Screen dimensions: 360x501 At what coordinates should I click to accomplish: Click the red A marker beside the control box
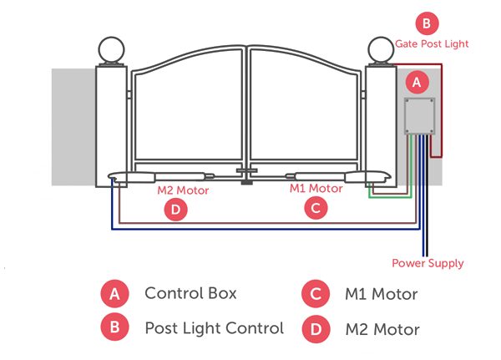417,82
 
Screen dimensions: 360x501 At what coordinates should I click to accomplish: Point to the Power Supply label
428,263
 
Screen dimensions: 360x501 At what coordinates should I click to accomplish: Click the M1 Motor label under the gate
316,189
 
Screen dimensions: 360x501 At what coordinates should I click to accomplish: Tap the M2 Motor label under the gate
183,190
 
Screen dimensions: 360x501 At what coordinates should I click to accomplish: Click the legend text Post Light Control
214,327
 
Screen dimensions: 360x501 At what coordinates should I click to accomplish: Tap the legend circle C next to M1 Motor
314,294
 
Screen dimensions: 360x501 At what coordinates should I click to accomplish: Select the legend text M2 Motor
382,329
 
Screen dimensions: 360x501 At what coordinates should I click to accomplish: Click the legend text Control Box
191,293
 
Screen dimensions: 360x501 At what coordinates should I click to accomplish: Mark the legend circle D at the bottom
314,327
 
